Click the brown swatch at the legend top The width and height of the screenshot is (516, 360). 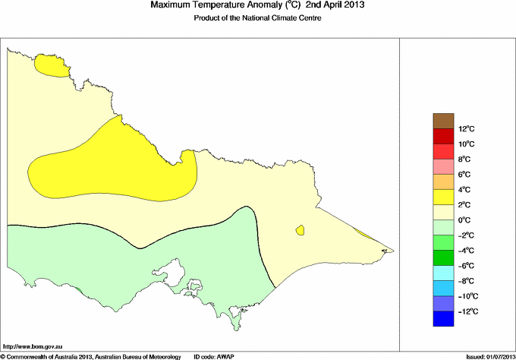click(x=442, y=121)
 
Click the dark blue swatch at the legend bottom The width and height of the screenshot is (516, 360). click(x=442, y=319)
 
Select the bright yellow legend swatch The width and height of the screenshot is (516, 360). click(x=442, y=197)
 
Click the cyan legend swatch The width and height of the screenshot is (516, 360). click(x=442, y=273)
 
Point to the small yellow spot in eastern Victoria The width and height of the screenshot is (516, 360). click(x=300, y=229)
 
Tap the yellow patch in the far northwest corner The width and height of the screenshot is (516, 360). click(x=54, y=67)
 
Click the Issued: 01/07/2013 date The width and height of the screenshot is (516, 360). click(x=486, y=355)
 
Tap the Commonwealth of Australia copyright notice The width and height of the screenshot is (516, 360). click(x=90, y=355)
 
